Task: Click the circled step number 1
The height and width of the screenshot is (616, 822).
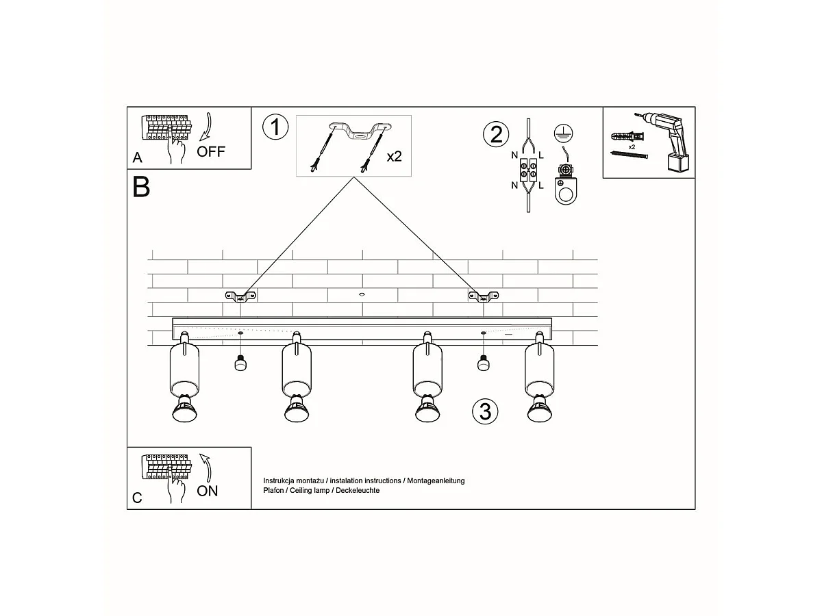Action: [x=275, y=127]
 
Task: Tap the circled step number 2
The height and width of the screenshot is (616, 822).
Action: [x=496, y=134]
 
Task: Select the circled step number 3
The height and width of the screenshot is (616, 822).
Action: [x=485, y=411]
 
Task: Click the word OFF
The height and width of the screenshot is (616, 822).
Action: [x=211, y=151]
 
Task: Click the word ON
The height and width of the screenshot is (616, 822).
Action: [x=207, y=491]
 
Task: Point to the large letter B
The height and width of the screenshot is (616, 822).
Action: [x=141, y=187]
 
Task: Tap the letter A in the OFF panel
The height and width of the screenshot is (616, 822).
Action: [x=138, y=157]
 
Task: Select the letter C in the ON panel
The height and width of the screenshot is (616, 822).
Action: [x=138, y=498]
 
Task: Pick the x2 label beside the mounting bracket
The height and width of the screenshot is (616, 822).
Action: [x=394, y=156]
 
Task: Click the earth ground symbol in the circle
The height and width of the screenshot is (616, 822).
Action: [x=563, y=133]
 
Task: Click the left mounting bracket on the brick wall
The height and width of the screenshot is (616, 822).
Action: [x=240, y=296]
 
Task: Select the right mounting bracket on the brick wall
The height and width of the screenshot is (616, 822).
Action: [x=484, y=296]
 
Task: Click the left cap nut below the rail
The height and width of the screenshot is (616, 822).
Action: [x=240, y=363]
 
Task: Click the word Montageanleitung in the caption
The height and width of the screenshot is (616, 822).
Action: [x=436, y=480]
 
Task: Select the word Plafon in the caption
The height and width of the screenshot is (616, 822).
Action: [x=273, y=490]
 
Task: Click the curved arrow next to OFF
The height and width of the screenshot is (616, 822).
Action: [x=207, y=127]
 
